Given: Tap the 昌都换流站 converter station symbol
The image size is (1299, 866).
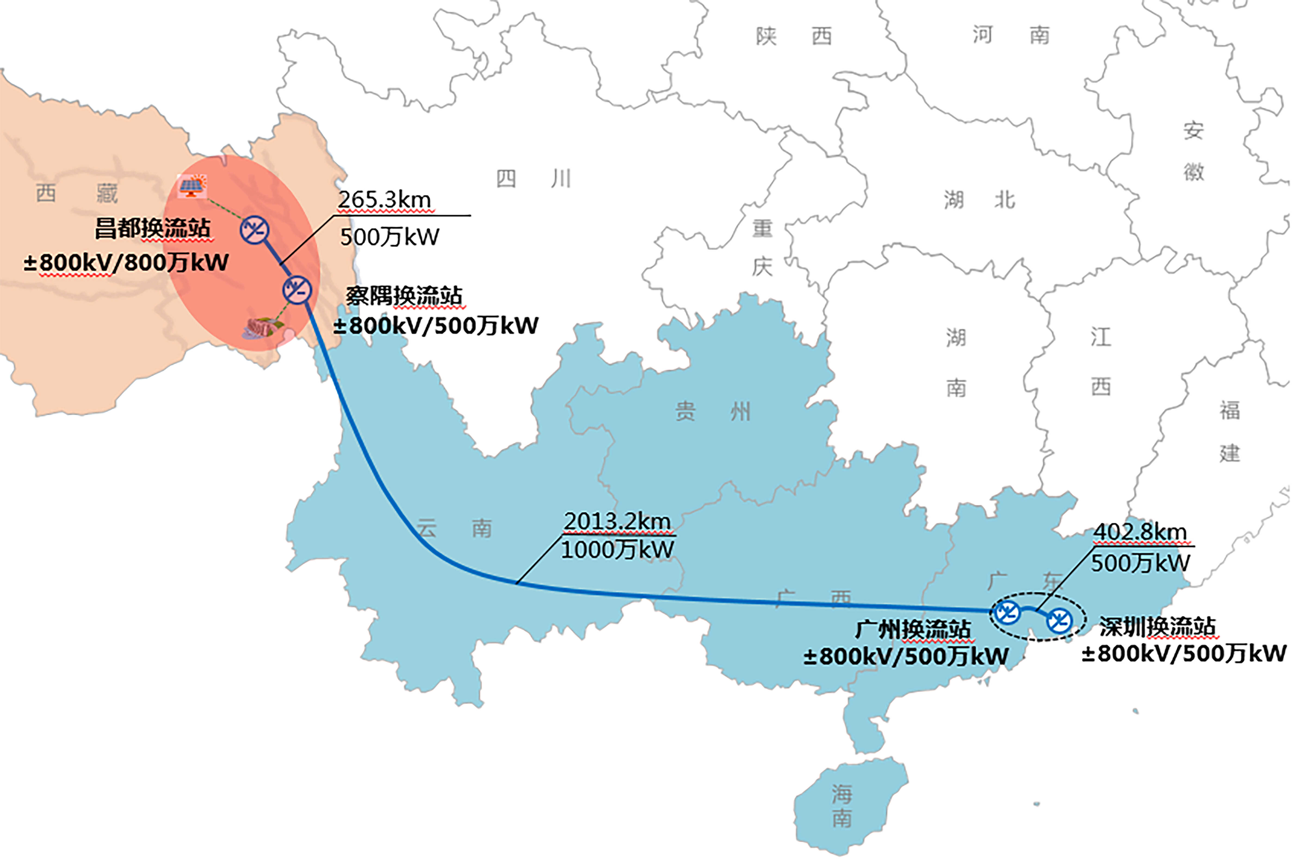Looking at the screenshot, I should (255, 230).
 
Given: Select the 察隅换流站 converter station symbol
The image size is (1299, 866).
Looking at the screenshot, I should (297, 289).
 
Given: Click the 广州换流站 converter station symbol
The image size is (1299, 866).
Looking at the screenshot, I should (1006, 612).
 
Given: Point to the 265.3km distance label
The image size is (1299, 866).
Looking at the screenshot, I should (384, 200).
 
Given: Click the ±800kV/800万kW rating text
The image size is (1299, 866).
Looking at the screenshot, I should (126, 262).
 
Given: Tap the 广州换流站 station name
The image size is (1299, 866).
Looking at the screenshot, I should (913, 629).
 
